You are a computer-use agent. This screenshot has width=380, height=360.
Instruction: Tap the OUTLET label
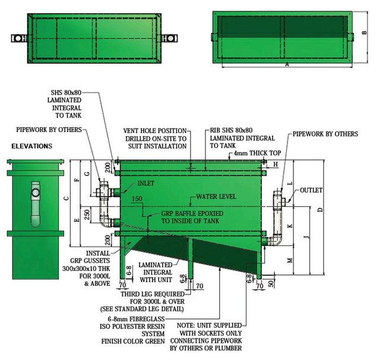(311, 191)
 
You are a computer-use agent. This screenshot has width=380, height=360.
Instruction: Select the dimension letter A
(287, 64)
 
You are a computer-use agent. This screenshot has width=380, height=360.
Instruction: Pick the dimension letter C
(66, 198)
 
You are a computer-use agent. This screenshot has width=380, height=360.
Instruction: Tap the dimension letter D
(320, 210)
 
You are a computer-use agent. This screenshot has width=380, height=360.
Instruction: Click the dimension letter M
(289, 260)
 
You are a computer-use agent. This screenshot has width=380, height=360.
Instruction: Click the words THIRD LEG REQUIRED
(149, 293)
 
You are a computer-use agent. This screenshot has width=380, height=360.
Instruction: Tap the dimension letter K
(289, 227)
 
